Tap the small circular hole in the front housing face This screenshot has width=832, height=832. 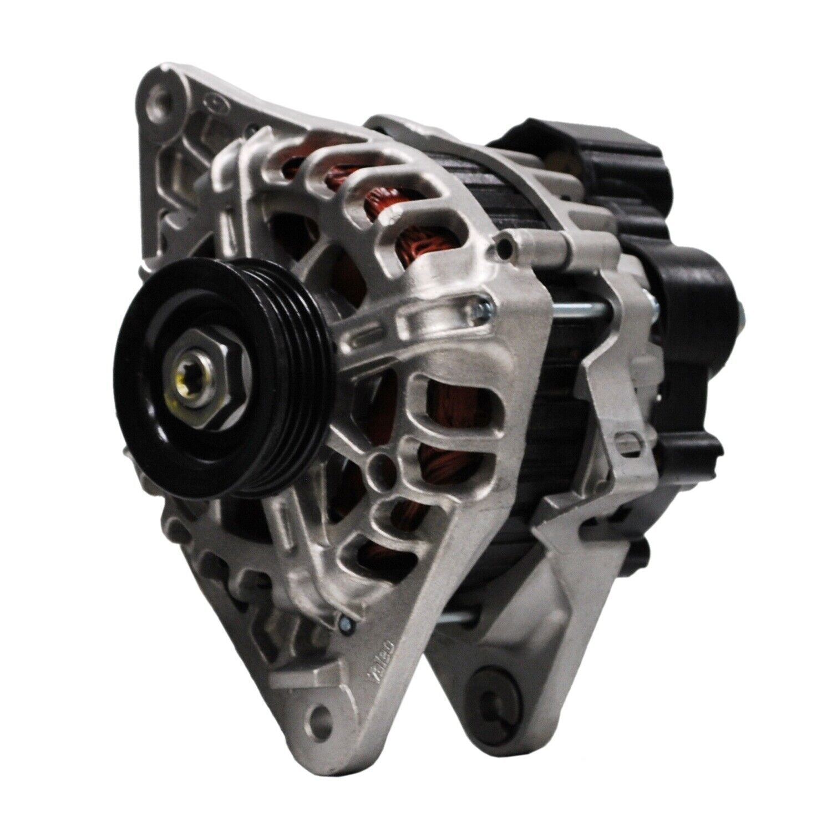(381, 460)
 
